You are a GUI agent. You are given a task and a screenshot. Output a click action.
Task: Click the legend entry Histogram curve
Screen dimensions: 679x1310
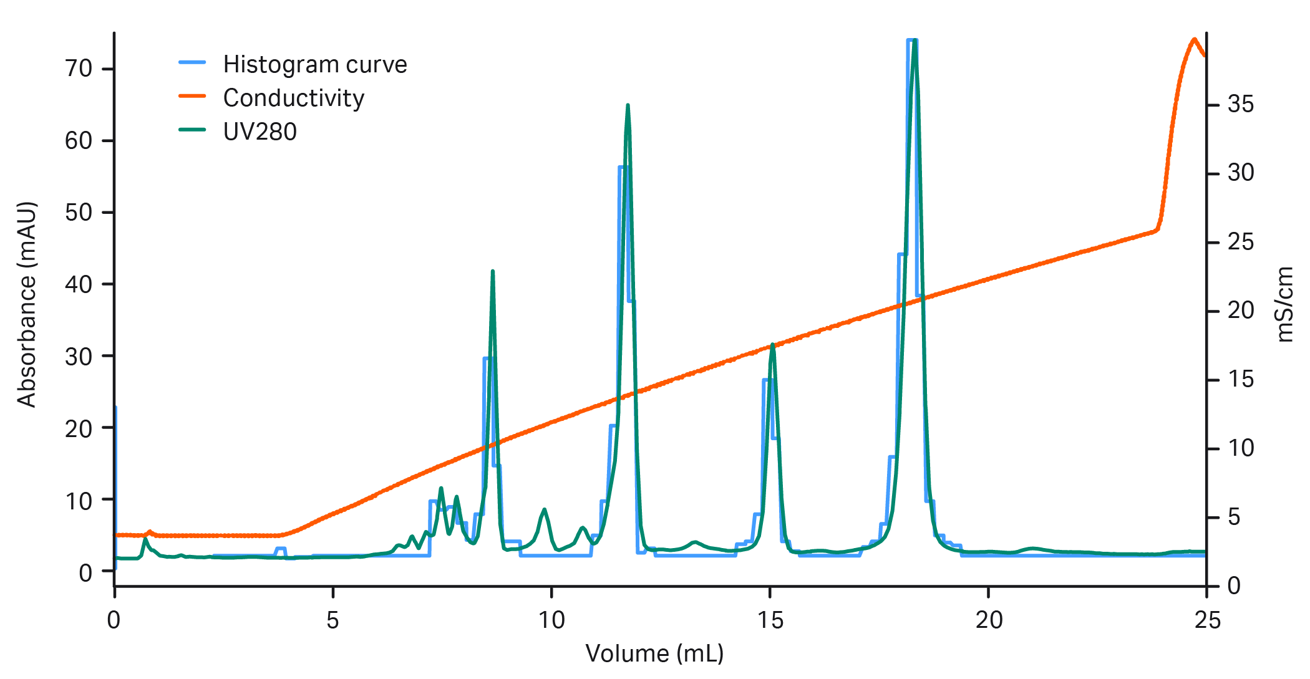click(x=314, y=65)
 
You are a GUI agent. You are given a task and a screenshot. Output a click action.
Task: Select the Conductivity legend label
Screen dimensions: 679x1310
click(x=293, y=99)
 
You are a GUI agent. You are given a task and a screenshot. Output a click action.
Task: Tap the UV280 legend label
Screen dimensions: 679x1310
click(x=260, y=132)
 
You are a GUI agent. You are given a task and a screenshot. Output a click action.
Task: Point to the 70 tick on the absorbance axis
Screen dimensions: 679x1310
click(x=79, y=69)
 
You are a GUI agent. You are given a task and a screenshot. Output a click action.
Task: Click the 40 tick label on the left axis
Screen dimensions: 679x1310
click(x=79, y=284)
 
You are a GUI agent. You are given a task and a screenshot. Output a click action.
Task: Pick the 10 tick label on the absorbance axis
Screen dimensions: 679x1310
click(x=79, y=500)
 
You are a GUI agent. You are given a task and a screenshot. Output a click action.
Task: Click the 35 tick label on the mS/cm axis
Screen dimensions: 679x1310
click(x=1241, y=104)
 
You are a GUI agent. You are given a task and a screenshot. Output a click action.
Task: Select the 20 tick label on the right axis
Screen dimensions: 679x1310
click(x=1241, y=311)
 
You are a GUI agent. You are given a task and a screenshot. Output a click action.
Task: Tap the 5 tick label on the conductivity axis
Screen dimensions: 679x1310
click(x=1234, y=518)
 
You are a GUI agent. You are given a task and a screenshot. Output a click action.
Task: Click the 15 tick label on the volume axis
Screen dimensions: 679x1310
click(x=770, y=620)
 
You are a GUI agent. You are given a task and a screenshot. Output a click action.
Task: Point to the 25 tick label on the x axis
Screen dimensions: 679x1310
click(x=1207, y=620)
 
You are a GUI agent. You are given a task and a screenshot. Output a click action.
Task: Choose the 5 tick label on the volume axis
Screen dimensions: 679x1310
click(x=332, y=620)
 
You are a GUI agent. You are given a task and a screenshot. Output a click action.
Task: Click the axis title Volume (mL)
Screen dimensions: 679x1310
click(x=654, y=653)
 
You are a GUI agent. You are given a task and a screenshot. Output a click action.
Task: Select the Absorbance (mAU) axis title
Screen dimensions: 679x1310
click(x=26, y=304)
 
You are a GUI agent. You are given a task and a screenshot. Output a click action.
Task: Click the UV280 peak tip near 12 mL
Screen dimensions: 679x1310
click(x=628, y=105)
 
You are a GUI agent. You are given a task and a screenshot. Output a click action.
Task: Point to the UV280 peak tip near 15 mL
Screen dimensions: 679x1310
click(x=772, y=344)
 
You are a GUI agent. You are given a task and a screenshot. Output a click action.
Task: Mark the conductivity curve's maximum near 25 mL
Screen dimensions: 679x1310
click(x=1194, y=39)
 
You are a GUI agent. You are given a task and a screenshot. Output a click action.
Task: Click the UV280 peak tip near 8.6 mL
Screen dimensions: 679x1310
click(x=493, y=271)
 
